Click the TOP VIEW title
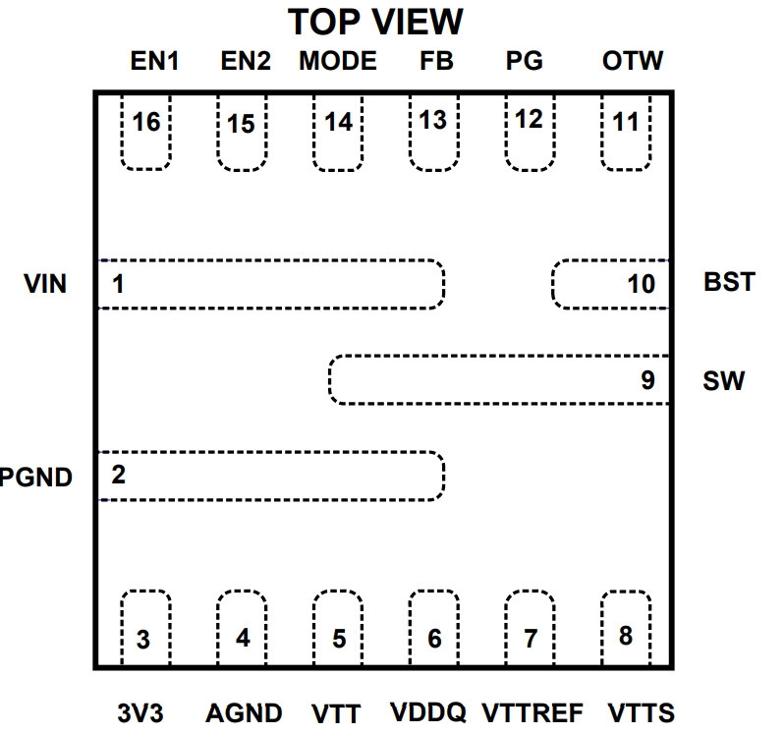click(x=375, y=22)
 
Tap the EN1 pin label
click(x=154, y=61)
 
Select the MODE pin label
click(x=338, y=61)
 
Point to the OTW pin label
click(x=633, y=61)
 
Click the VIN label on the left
click(x=45, y=284)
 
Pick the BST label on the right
click(x=729, y=282)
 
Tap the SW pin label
click(x=723, y=381)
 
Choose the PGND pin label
click(x=36, y=477)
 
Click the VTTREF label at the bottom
click(x=532, y=713)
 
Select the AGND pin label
click(x=244, y=713)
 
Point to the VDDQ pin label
click(x=428, y=712)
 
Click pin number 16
click(x=146, y=123)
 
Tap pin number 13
click(x=433, y=121)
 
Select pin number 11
click(x=626, y=123)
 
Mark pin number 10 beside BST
click(x=641, y=284)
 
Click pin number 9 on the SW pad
click(x=648, y=380)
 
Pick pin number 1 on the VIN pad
click(x=118, y=284)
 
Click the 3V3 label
click(x=140, y=713)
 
